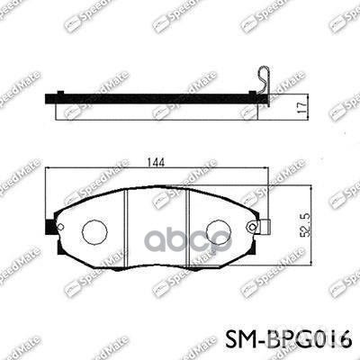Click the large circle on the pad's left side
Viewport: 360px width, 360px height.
[94, 232]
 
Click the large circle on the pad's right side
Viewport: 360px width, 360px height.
[219, 232]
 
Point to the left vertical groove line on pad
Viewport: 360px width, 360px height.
[126, 229]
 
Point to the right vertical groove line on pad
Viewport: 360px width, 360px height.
[185, 229]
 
